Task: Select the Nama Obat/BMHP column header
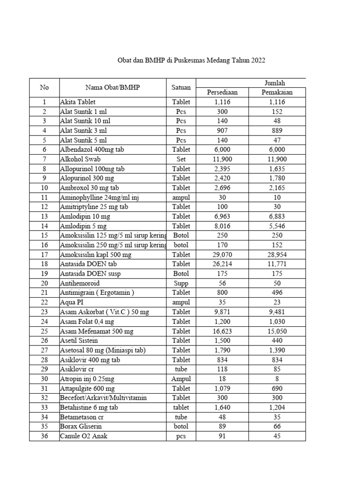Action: point(112,87)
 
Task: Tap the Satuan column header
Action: point(181,87)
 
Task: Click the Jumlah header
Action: point(275,82)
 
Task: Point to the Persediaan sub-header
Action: point(222,92)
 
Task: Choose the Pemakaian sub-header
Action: point(277,92)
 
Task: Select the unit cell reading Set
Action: point(181,159)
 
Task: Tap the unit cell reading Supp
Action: point(181,283)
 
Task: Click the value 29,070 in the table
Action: point(222,255)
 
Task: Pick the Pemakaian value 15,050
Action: point(277,331)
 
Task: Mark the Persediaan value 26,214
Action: point(222,264)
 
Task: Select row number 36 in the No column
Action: point(45,436)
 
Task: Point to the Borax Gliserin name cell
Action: point(81,427)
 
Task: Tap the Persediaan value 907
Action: point(222,130)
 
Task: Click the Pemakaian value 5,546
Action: point(277,226)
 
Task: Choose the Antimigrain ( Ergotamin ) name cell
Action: point(97,293)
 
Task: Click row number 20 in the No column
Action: point(45,283)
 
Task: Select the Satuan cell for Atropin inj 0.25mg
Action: point(181,379)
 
